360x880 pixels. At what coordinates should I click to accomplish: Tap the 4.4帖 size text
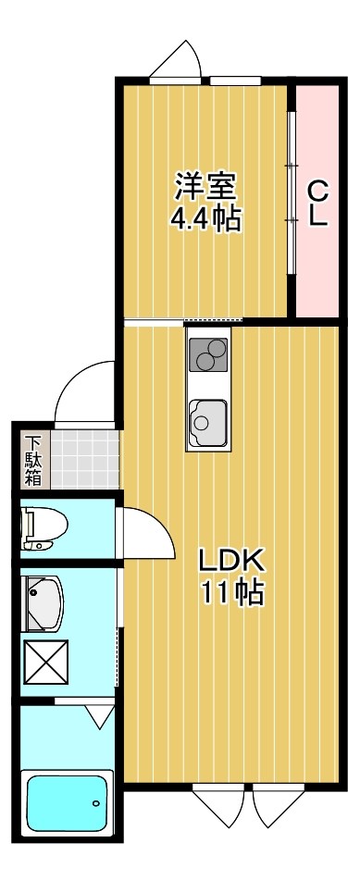click(206, 219)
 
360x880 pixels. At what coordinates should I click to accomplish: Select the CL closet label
click(317, 204)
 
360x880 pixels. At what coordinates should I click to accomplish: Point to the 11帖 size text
click(232, 591)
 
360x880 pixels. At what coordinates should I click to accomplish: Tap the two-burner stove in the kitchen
click(208, 354)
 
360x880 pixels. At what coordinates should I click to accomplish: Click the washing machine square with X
click(42, 663)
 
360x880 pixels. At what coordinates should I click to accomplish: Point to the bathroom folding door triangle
click(97, 715)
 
